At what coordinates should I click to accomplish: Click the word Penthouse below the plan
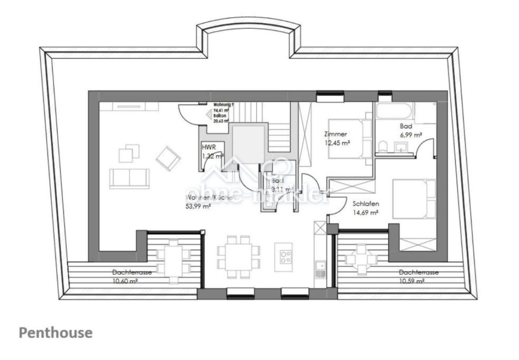click(55, 333)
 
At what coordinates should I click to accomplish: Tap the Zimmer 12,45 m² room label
click(337, 138)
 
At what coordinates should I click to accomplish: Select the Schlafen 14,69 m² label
click(366, 208)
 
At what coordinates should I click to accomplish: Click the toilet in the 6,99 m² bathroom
click(383, 147)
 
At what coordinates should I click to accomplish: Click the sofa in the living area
click(129, 179)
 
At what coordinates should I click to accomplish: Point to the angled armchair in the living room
click(168, 158)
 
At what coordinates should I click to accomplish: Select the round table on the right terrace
click(360, 259)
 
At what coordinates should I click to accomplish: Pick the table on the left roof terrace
click(173, 259)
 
